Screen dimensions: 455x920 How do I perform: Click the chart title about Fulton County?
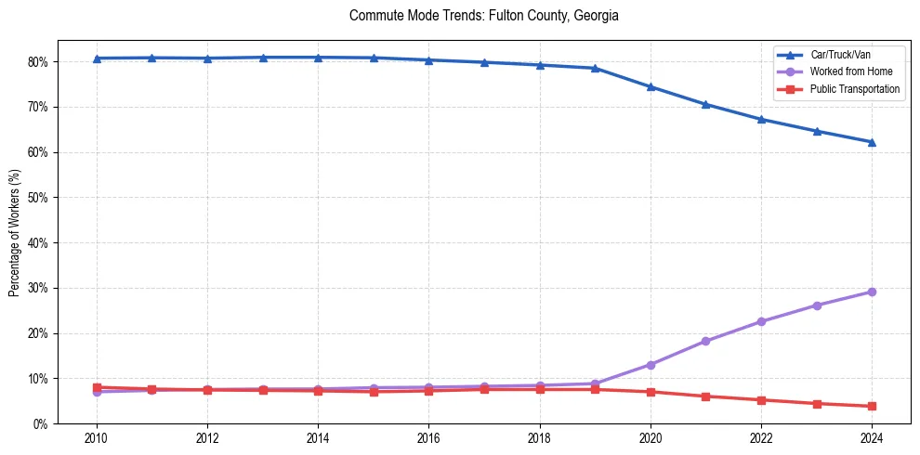pyautogui.click(x=483, y=16)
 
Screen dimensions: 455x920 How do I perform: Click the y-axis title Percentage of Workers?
pyautogui.click(x=14, y=232)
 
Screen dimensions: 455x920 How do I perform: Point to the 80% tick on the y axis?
pyautogui.click(x=39, y=62)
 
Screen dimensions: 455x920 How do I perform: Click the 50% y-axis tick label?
pyautogui.click(x=39, y=198)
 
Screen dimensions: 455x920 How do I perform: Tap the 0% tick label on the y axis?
pyautogui.click(x=42, y=424)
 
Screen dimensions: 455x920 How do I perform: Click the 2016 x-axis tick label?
pyautogui.click(x=428, y=438)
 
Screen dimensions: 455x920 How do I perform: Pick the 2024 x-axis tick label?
pyautogui.click(x=872, y=438)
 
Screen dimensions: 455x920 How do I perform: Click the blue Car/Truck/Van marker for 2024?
pyautogui.click(x=872, y=142)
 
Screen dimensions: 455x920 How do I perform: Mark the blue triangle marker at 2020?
pyautogui.click(x=651, y=86)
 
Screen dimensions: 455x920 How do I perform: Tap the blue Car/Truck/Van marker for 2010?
pyautogui.click(x=97, y=58)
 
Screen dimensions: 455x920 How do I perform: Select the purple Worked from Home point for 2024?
pyautogui.click(x=872, y=292)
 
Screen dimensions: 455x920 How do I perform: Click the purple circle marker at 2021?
pyautogui.click(x=705, y=341)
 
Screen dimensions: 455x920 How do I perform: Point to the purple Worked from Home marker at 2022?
pyautogui.click(x=761, y=321)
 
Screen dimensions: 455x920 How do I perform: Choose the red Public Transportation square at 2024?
pyautogui.click(x=872, y=406)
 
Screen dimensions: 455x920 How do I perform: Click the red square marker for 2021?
pyautogui.click(x=705, y=396)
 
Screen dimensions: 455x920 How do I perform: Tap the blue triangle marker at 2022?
pyautogui.click(x=761, y=119)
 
